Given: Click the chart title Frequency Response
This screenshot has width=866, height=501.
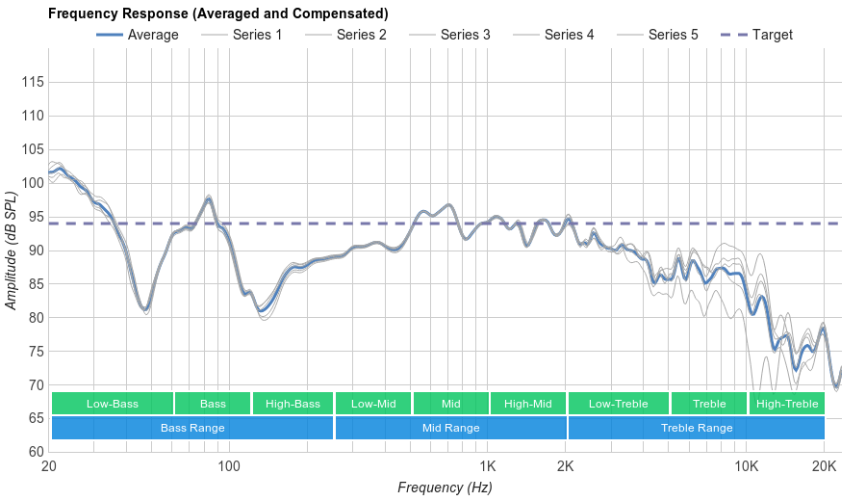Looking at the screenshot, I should [217, 13].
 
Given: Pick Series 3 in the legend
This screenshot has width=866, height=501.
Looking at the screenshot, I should [465, 35].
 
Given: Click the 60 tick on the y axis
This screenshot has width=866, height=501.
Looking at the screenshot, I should [35, 452].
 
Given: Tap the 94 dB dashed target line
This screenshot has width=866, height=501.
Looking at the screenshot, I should [289, 224].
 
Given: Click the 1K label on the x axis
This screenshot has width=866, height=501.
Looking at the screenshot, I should [487, 466].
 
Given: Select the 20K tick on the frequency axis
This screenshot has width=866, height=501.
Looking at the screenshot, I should [824, 466].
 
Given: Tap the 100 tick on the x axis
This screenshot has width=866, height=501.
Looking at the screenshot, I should [228, 466].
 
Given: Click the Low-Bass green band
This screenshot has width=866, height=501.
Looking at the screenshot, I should [113, 404].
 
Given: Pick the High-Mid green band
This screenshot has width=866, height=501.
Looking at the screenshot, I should [527, 404].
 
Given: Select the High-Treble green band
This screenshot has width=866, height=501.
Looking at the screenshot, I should [786, 404].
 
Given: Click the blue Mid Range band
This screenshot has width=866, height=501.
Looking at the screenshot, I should [450, 428].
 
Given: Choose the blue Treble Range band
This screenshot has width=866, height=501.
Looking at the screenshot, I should [697, 428].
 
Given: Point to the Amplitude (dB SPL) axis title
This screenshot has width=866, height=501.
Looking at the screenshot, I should [12, 250].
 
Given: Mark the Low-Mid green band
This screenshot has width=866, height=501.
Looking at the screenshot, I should [373, 404].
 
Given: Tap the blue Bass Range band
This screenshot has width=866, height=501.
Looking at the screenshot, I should [192, 428].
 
